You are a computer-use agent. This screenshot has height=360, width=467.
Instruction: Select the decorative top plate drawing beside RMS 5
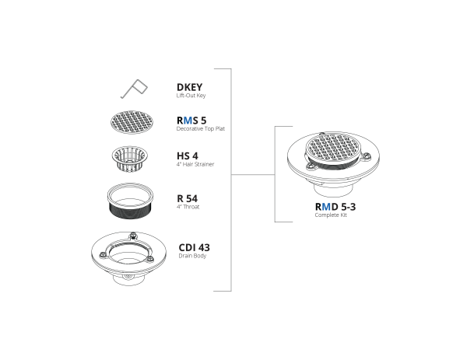pyautogui.click(x=132, y=122)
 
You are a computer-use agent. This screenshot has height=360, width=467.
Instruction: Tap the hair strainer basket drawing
pyautogui.click(x=130, y=159)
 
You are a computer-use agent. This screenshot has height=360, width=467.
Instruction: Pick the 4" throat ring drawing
pyautogui.click(x=130, y=201)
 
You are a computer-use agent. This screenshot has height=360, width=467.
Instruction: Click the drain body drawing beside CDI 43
pyautogui.click(x=129, y=258)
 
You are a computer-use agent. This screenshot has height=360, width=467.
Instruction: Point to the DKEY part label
pyautogui.click(x=189, y=87)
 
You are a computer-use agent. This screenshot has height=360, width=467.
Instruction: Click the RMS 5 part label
pyautogui.click(x=191, y=121)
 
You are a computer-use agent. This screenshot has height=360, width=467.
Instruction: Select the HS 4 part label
pyautogui.click(x=188, y=156)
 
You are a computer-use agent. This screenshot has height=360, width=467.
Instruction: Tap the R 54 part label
pyautogui.click(x=188, y=198)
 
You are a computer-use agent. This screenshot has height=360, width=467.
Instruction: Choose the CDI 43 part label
pyautogui.click(x=194, y=247)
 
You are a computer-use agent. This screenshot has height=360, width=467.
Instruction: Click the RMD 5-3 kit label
pyautogui.click(x=335, y=207)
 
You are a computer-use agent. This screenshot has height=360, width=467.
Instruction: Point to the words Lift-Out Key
pyautogui.click(x=191, y=96)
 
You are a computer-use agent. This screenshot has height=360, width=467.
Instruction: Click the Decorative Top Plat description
pyautogui.click(x=201, y=129)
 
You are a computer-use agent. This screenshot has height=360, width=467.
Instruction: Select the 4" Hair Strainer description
pyautogui.click(x=195, y=164)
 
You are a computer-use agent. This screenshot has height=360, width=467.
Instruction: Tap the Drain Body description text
pyautogui.click(x=192, y=256)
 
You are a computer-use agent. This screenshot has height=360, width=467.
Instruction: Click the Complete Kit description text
pyautogui.click(x=331, y=215)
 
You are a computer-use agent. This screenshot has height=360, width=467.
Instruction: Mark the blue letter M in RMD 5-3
pyautogui.click(x=326, y=207)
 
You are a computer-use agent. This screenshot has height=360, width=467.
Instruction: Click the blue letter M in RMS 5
pyautogui.click(x=188, y=121)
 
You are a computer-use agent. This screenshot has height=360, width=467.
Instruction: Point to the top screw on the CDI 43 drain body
pyautogui.click(x=133, y=236)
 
